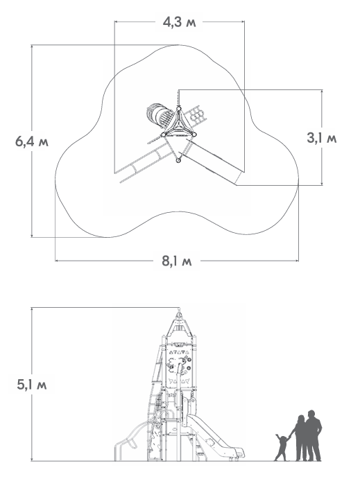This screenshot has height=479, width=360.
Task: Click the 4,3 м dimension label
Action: [x=180, y=22]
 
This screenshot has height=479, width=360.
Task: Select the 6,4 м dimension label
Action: [x=32, y=141]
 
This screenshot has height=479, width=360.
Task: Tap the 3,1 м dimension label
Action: [x=322, y=138]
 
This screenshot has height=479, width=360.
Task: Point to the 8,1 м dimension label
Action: [x=177, y=261]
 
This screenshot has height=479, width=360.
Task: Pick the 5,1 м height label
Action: [x=32, y=385]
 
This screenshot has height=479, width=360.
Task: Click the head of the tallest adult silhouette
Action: [x=311, y=415]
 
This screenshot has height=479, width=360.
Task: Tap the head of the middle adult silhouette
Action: [x=301, y=419]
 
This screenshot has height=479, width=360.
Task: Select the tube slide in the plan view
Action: [x=160, y=114]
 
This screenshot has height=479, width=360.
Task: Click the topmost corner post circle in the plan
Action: [x=179, y=108]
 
